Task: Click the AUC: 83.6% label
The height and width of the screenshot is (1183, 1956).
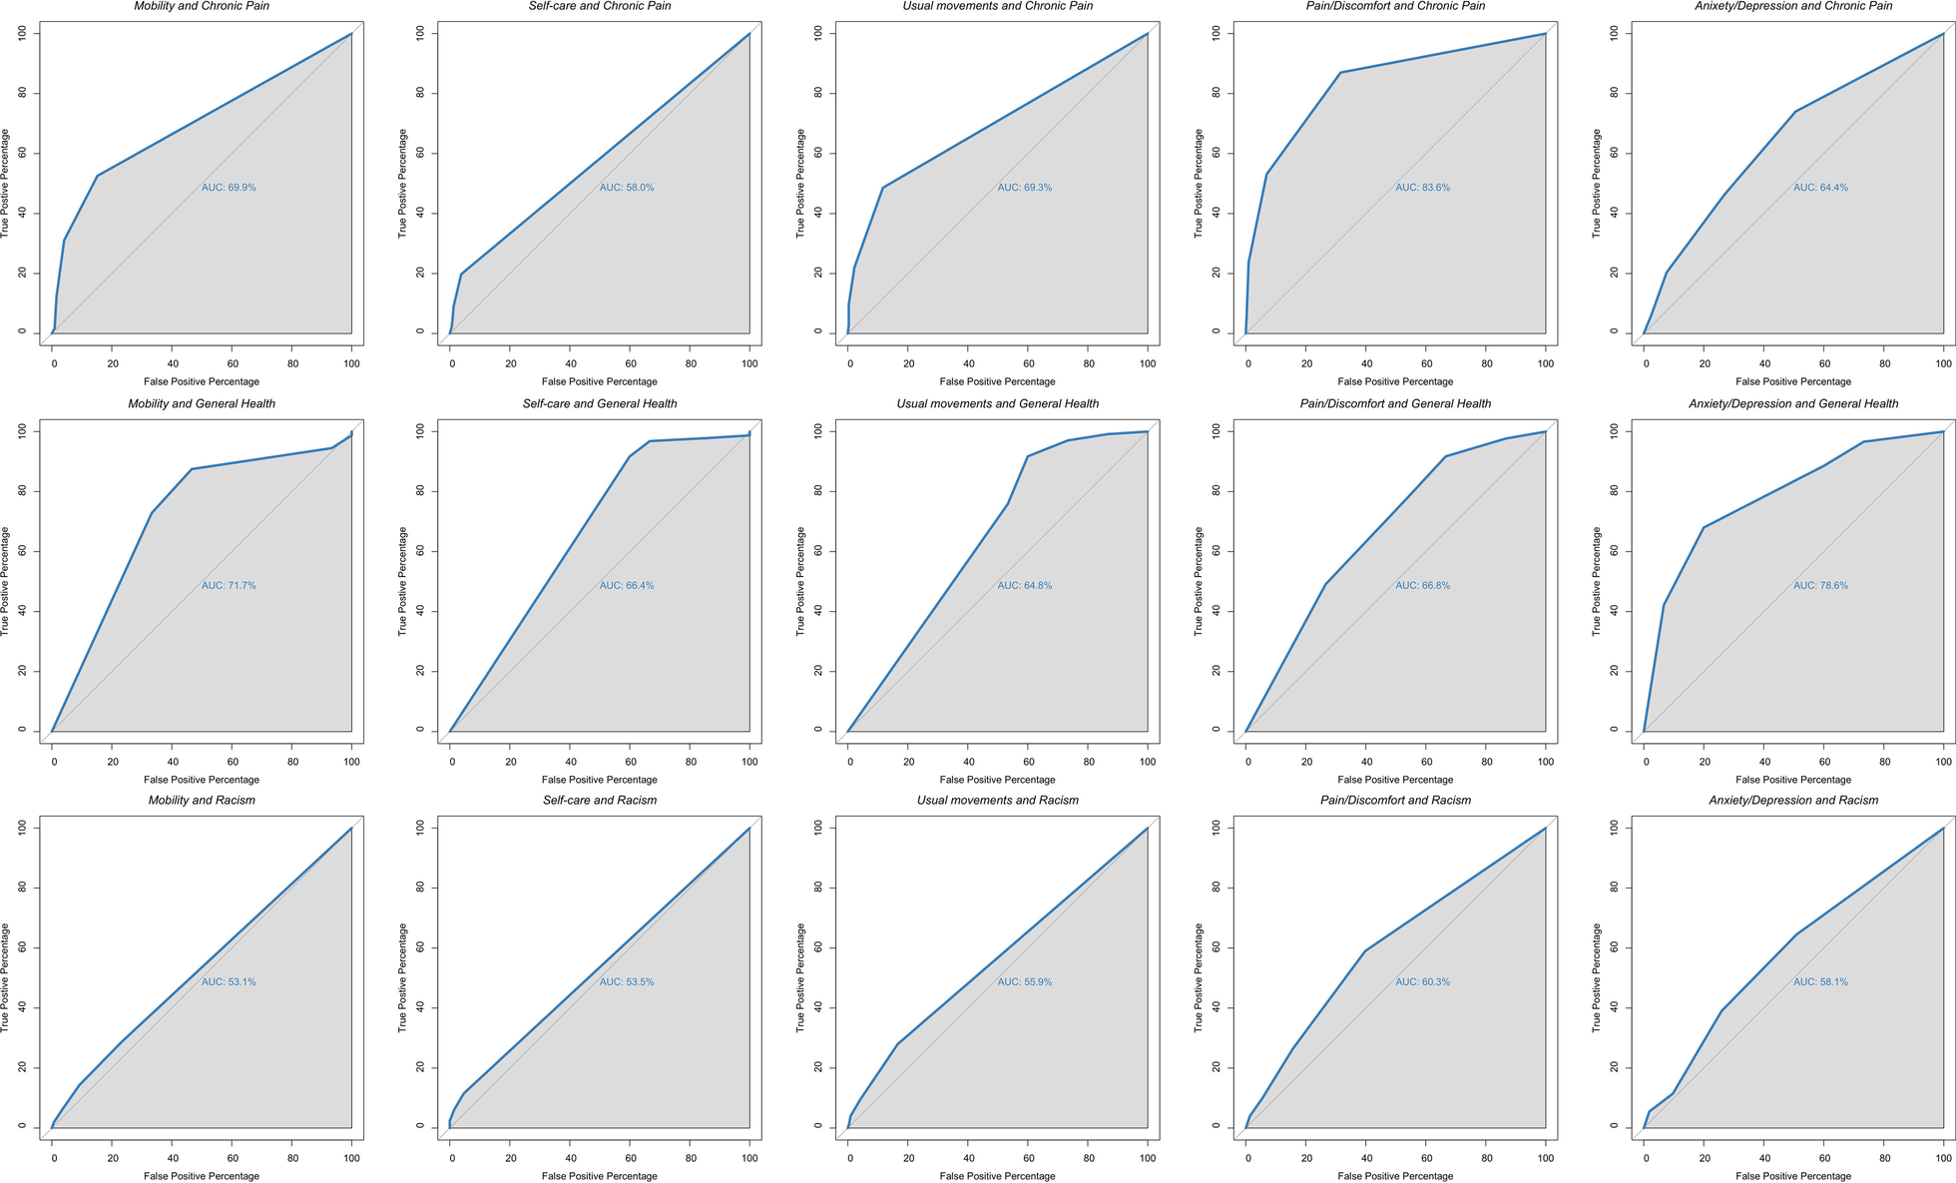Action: click(1422, 188)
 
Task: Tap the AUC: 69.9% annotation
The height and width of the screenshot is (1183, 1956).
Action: click(229, 188)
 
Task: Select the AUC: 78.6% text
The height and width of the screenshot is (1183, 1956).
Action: click(1820, 586)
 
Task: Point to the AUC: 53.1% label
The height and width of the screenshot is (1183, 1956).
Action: click(229, 982)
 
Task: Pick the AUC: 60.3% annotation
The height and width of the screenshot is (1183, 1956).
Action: click(1422, 982)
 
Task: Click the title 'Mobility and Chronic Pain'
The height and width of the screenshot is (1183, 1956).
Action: click(202, 6)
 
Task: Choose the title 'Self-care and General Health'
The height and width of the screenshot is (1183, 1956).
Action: click(600, 403)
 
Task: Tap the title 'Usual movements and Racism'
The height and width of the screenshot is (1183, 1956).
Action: click(998, 801)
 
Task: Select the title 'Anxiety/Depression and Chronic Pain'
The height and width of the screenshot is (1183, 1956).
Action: click(1793, 6)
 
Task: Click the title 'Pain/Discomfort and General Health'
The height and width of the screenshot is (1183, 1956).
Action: click(1395, 403)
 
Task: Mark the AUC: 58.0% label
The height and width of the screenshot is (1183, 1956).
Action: click(627, 188)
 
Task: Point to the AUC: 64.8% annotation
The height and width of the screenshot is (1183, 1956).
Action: click(1025, 586)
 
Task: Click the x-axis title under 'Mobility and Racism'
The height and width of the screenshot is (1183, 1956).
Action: click(202, 1176)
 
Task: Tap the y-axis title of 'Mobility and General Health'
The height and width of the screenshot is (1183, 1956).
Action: click(6, 581)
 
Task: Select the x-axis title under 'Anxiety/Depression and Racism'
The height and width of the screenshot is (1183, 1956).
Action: click(1793, 1176)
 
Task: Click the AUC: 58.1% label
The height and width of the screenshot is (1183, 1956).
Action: click(1820, 982)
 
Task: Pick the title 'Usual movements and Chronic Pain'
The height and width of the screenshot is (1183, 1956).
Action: click(998, 6)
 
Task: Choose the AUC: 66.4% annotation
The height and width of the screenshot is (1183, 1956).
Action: click(627, 586)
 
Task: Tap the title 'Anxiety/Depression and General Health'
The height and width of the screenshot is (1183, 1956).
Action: click(1793, 403)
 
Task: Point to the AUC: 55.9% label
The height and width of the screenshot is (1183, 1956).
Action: click(1025, 982)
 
